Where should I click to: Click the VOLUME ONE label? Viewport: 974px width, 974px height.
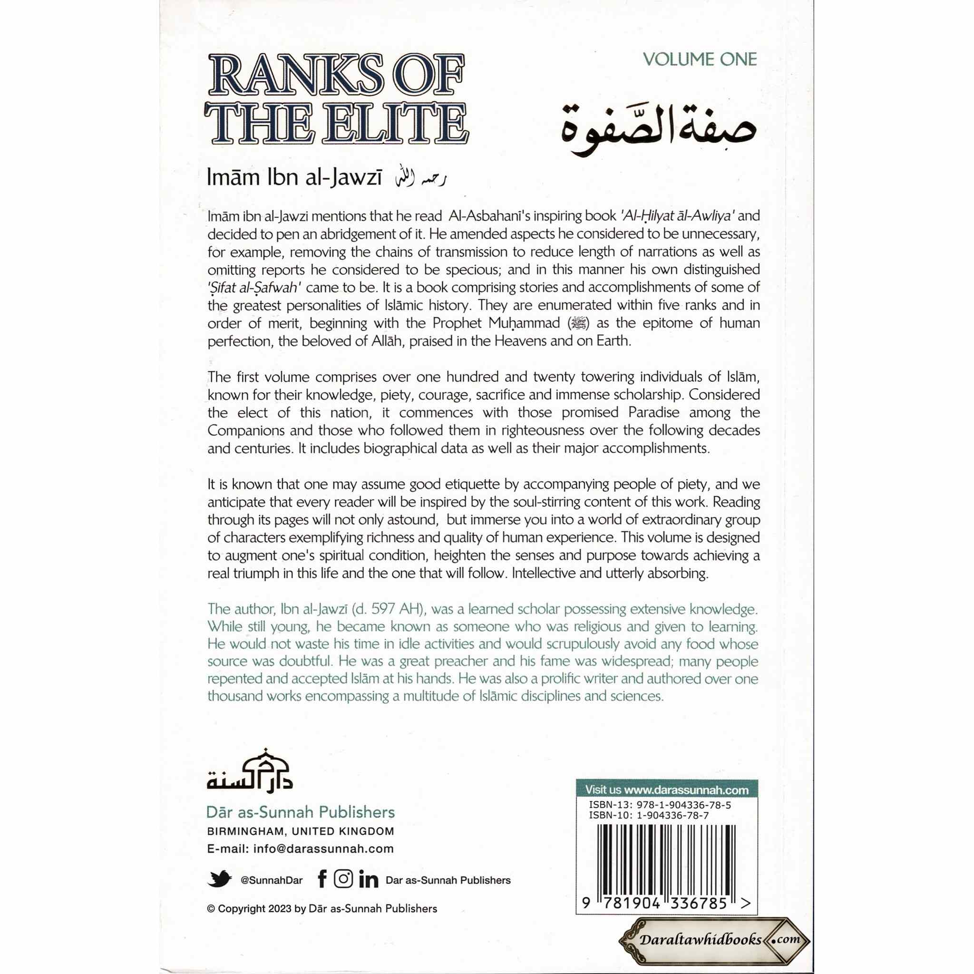(x=700, y=59)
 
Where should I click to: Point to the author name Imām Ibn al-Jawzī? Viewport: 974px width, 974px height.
(x=294, y=178)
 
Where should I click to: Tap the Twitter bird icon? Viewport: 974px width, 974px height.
(x=219, y=879)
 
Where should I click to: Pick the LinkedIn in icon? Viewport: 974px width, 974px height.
(x=369, y=880)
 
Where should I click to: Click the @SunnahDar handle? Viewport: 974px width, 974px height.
(x=272, y=880)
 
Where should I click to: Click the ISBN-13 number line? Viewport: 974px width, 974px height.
(x=660, y=805)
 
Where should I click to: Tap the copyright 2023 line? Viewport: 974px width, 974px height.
(x=322, y=908)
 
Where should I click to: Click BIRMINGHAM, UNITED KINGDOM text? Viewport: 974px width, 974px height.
(x=301, y=831)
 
